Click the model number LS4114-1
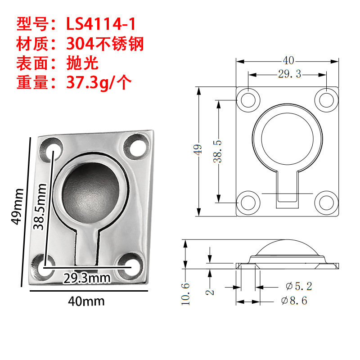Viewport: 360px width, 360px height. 101,24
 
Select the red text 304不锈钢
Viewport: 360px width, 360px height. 105,44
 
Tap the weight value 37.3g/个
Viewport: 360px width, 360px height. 99,82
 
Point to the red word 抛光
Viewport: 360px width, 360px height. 82,63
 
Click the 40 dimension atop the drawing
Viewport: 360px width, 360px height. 288,61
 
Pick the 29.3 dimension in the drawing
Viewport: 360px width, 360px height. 289,74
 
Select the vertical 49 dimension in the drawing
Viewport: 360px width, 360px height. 198,149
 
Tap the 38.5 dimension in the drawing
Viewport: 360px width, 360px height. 217,152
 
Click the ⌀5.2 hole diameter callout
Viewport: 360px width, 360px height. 299,286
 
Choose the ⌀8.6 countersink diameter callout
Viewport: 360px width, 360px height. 294,301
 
